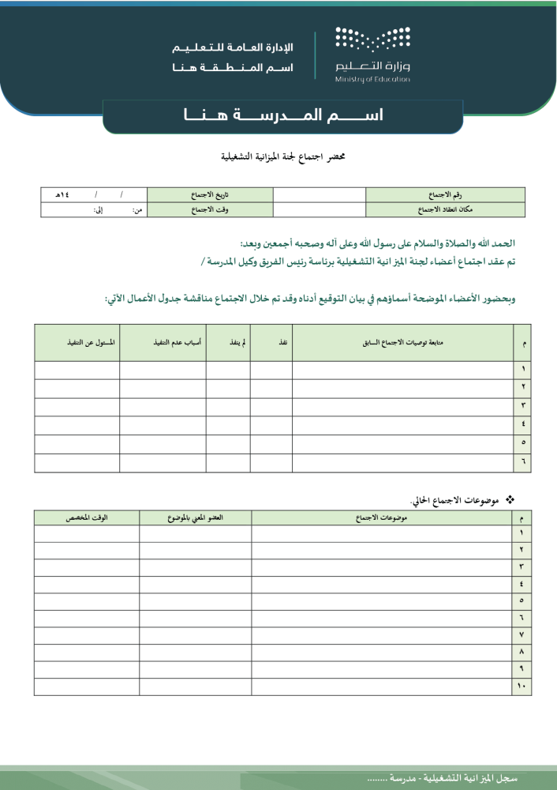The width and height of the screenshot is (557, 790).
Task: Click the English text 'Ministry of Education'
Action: (x=372, y=80)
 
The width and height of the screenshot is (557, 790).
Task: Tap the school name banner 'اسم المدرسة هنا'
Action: (x=282, y=116)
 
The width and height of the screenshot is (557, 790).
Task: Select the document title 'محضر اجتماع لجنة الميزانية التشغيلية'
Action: (x=282, y=157)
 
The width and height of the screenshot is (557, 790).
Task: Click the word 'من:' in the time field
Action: (x=136, y=210)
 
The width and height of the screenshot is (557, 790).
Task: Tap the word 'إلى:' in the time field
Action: (x=99, y=210)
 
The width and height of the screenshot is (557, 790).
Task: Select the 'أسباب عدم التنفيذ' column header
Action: (x=163, y=343)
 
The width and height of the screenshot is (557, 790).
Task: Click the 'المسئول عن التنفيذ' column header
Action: (x=77, y=343)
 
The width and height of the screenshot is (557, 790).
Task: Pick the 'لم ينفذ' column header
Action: (x=229, y=343)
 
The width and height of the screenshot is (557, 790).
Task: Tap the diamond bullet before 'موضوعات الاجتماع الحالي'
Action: (x=509, y=498)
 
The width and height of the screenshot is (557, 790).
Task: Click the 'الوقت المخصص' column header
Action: (x=87, y=517)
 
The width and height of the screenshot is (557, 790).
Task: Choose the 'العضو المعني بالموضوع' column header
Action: (x=196, y=517)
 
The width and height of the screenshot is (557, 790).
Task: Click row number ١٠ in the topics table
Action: (x=521, y=687)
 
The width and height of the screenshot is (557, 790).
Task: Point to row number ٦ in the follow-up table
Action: (x=523, y=463)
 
